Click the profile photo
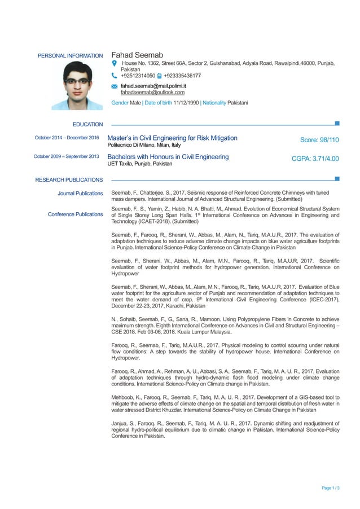coord(77,86)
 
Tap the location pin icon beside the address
coord(115,64)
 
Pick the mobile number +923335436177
coord(182,76)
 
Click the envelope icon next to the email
coord(115,86)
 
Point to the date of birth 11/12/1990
coord(186,103)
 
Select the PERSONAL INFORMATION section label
coord(70,56)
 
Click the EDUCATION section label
coord(87,124)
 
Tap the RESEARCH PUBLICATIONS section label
coord(69,180)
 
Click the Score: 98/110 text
coord(319,140)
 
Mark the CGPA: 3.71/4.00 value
coord(315,159)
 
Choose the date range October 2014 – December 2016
coord(67,138)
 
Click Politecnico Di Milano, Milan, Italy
coord(144,146)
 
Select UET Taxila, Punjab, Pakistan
coord(140,164)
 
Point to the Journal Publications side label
coord(80,194)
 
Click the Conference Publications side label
coord(75,214)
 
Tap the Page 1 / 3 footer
coord(330,488)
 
